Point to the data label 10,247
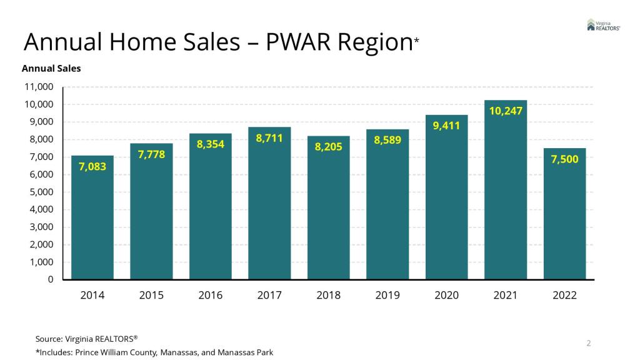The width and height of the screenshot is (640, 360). [505, 111]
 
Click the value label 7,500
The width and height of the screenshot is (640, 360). [564, 159]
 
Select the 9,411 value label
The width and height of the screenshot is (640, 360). [446, 126]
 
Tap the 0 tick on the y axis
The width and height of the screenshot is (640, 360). [51, 279]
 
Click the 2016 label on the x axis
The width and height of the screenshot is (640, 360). [211, 295]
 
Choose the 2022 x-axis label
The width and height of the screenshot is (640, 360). [564, 295]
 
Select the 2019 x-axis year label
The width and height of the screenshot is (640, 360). [387, 295]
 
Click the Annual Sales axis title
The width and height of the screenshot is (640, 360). [51, 68]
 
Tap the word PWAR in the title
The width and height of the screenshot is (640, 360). [300, 42]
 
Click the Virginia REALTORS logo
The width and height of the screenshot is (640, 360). [603, 25]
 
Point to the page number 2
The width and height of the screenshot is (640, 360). [588, 342]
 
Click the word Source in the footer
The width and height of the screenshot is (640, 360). [48, 339]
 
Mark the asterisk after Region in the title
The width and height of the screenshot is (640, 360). [416, 40]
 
